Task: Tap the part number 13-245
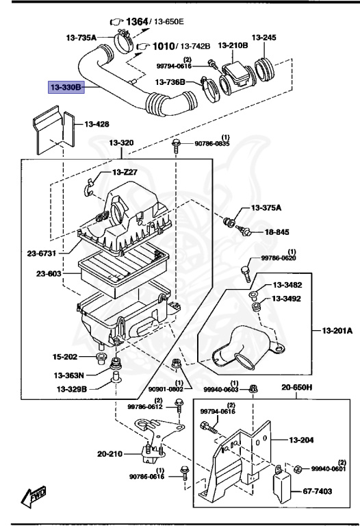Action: click(263, 38)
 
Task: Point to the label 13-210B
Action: click(232, 45)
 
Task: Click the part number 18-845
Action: click(277, 232)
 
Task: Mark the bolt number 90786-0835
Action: click(214, 144)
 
